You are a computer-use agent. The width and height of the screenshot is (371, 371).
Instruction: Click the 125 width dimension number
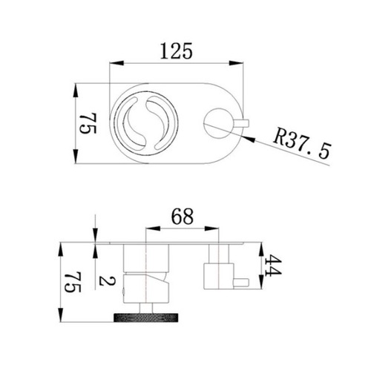pyautogui.click(x=176, y=51)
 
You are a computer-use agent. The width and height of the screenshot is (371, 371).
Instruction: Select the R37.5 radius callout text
pyautogui.click(x=302, y=143)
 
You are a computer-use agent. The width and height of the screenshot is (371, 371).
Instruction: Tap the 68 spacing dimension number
pyautogui.click(x=183, y=216)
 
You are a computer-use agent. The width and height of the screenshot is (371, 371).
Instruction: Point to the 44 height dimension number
pyautogui.click(x=273, y=266)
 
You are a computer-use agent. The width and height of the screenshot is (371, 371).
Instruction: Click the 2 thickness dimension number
pyautogui.click(x=107, y=281)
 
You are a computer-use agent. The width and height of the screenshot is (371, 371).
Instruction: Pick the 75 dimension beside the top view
pyautogui.click(x=88, y=123)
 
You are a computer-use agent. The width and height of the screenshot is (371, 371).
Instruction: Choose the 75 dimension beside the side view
pyautogui.click(x=73, y=282)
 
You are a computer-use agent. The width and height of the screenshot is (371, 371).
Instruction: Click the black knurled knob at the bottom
pyautogui.click(x=146, y=318)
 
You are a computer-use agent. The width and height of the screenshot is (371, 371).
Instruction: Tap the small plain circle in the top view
pyautogui.click(x=218, y=123)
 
